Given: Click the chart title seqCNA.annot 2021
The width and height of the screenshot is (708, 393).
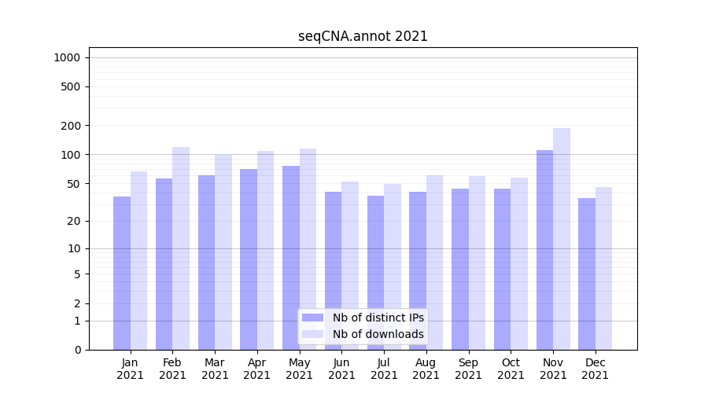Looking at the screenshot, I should click(x=363, y=36).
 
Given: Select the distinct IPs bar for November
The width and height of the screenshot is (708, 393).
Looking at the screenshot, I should click(x=544, y=250).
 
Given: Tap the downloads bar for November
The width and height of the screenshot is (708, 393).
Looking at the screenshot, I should click(x=562, y=239).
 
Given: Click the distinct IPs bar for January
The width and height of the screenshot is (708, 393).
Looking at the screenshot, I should click(x=122, y=273).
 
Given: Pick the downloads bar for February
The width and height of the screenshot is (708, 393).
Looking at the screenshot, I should click(x=181, y=248).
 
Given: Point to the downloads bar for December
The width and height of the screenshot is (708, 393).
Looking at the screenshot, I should click(x=603, y=268).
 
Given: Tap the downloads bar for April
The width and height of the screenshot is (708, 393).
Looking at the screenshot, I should click(x=266, y=250).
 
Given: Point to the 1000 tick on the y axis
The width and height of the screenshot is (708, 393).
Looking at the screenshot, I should click(x=67, y=57).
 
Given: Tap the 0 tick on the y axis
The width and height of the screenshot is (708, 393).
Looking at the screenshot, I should click(x=77, y=350).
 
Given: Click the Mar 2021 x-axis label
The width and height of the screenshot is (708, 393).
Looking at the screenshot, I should click(x=215, y=369).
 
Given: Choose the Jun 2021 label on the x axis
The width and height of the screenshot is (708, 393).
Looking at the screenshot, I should click(x=341, y=369).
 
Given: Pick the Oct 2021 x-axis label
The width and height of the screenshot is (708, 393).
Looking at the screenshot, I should click(x=511, y=369).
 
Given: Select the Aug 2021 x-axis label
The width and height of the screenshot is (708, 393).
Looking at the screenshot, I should click(x=426, y=369).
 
